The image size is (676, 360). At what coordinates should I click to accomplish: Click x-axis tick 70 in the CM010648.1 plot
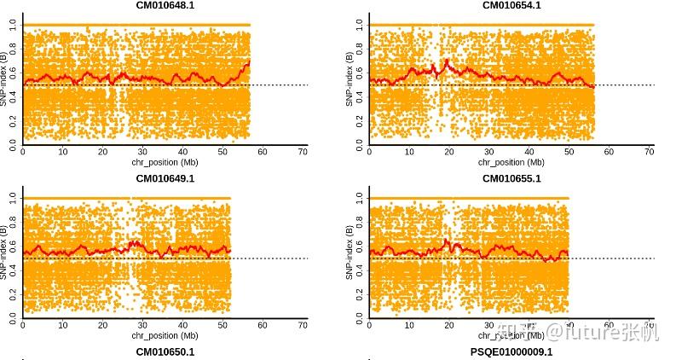(302, 152)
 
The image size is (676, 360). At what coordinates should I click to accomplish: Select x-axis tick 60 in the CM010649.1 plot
(262, 325)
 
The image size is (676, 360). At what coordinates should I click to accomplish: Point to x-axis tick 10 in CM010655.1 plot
(408, 325)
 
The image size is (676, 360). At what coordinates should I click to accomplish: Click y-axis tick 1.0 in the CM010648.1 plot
(13, 25)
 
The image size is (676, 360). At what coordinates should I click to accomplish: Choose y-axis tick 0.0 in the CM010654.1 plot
(359, 144)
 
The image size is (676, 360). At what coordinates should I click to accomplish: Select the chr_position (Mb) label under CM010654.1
(511, 162)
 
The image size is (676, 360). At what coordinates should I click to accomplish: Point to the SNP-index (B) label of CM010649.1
(3, 257)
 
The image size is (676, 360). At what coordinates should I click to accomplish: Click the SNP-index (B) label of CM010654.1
(350, 84)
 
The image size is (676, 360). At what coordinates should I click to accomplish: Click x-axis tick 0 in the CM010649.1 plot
(22, 325)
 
